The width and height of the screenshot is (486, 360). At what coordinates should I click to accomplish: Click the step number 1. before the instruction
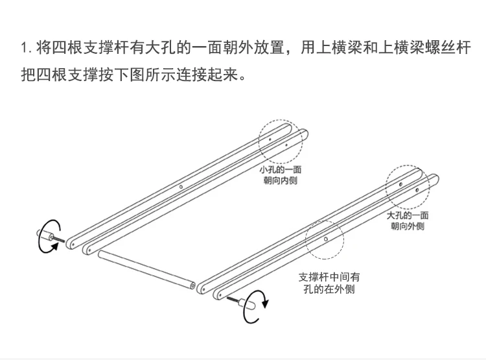[x=27, y=48]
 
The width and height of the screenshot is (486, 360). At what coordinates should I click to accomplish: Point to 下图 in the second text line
[x=129, y=75]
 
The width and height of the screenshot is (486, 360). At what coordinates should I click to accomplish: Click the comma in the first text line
[x=290, y=52]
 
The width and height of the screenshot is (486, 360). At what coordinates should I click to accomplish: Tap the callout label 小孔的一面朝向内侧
[x=281, y=175]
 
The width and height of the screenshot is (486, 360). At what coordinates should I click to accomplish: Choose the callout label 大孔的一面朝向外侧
[x=408, y=221]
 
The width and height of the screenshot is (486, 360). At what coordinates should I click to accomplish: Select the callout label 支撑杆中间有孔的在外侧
[x=329, y=283]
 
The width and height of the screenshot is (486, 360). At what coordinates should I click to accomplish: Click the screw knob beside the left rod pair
[x=45, y=235]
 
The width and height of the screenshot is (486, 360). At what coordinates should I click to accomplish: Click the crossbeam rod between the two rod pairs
[x=146, y=270]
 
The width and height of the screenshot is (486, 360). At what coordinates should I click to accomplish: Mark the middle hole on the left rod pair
[x=181, y=187]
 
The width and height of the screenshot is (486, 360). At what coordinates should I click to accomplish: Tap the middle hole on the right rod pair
[x=326, y=239]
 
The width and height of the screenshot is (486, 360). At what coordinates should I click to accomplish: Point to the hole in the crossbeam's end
[x=192, y=284]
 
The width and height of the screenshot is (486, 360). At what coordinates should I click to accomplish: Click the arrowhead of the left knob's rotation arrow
[x=55, y=246]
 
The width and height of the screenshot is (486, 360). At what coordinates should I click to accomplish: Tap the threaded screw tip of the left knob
[x=59, y=239]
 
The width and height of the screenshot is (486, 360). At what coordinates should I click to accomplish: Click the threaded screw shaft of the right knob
[x=234, y=300]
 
